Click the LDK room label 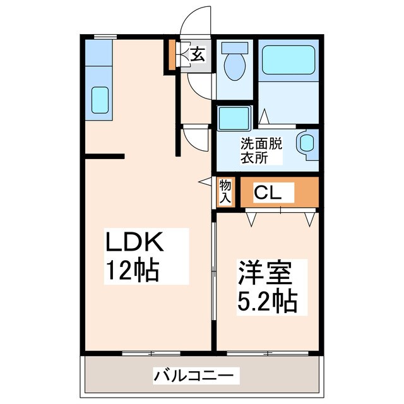[x=134, y=243]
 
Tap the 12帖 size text [x=131, y=271]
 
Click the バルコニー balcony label [x=196, y=377]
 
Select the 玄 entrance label [x=198, y=55]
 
